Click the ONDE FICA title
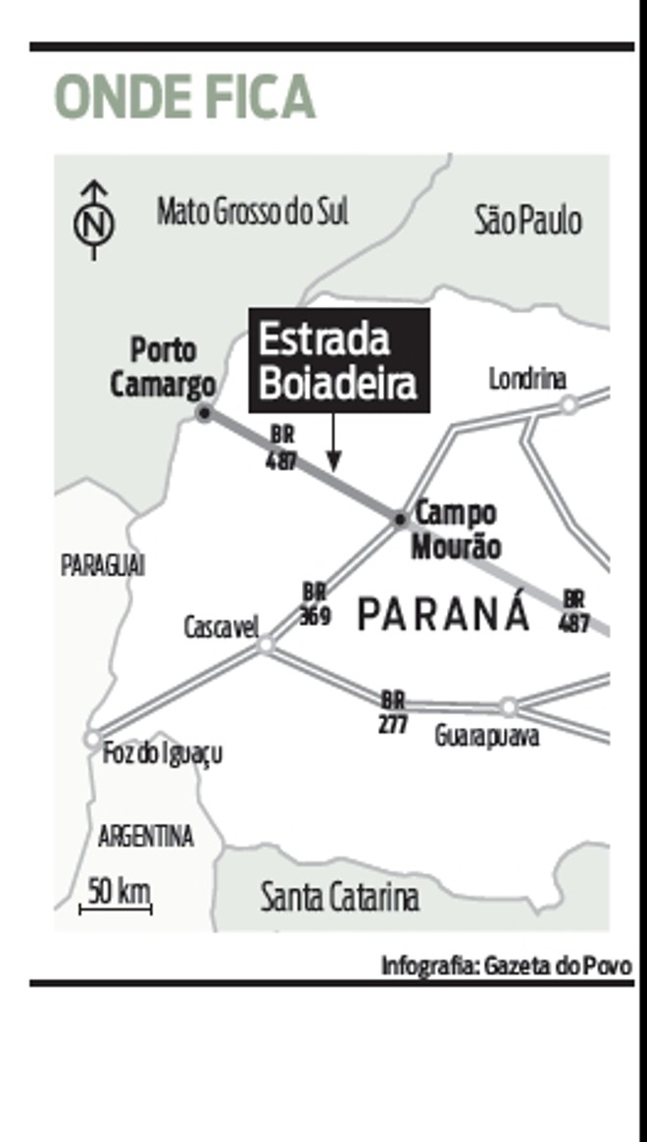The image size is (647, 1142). pyautogui.click(x=184, y=97)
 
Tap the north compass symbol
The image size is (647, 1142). pyautogui.click(x=94, y=220)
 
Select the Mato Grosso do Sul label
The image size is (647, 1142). pyautogui.click(x=253, y=211)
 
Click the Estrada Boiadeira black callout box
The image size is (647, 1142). pyautogui.click(x=339, y=359)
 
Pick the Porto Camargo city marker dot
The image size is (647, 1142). pyautogui.click(x=204, y=413)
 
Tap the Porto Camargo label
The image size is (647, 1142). pyautogui.click(x=163, y=367)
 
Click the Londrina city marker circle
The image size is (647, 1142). pyautogui.click(x=568, y=404)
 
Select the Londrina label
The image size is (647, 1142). pyautogui.click(x=528, y=379)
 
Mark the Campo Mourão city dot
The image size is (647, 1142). pyautogui.click(x=400, y=518)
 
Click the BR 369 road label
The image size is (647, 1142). pyautogui.click(x=315, y=604)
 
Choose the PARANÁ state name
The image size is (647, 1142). pyautogui.click(x=443, y=614)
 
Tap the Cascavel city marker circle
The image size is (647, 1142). pyautogui.click(x=266, y=645)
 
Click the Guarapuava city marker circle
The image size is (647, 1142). pyautogui.click(x=508, y=706)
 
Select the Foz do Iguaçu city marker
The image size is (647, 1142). pyautogui.click(x=92, y=738)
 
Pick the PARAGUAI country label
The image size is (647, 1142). pyautogui.click(x=103, y=566)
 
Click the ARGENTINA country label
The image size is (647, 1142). pyautogui.click(x=146, y=837)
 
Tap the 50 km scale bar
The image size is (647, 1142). pyautogui.click(x=116, y=909)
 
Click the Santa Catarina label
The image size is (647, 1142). pyautogui.click(x=339, y=897)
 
